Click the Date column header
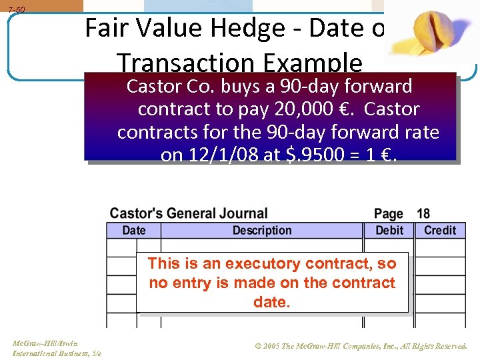pos(133,230)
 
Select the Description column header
pos(262,230)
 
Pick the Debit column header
pos(389,230)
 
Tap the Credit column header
pos(440,230)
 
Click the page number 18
pos(423,214)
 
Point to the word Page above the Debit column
pos(389,214)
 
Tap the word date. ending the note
pos(271,302)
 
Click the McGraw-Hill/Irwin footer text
pos(45,343)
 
